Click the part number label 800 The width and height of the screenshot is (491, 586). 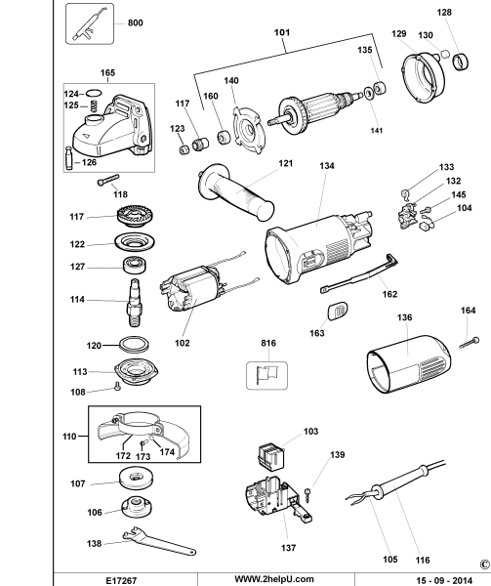tap(135, 23)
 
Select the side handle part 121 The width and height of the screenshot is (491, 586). tap(235, 191)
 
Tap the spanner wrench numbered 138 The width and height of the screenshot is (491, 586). tap(159, 541)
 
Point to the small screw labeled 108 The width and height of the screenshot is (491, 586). tap(117, 386)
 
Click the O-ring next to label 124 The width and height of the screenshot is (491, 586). tap(94, 93)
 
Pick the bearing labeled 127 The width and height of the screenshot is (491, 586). tap(135, 265)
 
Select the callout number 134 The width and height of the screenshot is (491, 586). tap(327, 166)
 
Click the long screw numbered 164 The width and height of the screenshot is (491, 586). tap(470, 343)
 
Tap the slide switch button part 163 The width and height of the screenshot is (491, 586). tap(338, 311)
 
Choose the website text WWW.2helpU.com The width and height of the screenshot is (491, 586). tap(274, 579)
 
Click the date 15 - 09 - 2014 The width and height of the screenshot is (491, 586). tap(444, 580)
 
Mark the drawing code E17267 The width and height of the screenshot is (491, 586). tap(122, 580)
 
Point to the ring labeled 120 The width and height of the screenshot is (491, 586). tap(134, 344)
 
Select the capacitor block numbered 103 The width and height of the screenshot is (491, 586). tap(271, 455)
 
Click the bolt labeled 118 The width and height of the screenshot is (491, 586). tap(108, 180)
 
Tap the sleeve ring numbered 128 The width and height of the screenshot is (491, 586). tap(461, 62)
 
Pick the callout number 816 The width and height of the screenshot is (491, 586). tap(268, 343)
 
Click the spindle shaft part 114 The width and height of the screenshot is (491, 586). tap(135, 303)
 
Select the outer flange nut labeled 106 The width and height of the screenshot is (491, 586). tap(137, 507)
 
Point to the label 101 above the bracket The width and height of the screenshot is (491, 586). tap(282, 32)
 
